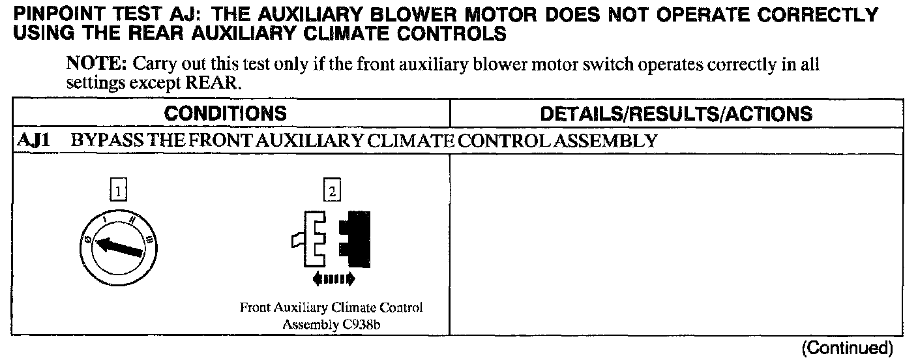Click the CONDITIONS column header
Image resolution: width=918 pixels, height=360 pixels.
tap(225, 113)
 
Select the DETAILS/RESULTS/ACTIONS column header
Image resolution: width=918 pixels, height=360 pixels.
tap(676, 113)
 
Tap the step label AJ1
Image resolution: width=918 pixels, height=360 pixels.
tap(30, 141)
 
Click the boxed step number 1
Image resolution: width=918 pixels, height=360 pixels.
tap(118, 191)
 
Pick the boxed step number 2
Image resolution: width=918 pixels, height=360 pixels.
tap(332, 191)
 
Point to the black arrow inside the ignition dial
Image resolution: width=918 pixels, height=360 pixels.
tap(118, 248)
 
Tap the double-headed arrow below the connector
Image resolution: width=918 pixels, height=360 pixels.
tap(333, 279)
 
